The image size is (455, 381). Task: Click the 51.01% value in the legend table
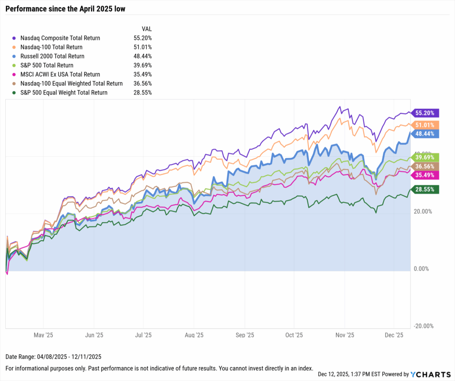point(143,47)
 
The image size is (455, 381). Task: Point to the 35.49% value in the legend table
point(143,75)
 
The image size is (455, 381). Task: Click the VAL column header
point(146,28)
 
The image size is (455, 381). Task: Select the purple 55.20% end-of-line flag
point(426,113)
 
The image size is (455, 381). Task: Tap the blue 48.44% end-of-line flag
point(426,133)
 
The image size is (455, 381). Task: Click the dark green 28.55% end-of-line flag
point(426,190)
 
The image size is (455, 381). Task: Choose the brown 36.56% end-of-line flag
point(426,166)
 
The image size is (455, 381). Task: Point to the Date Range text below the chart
point(51,357)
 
